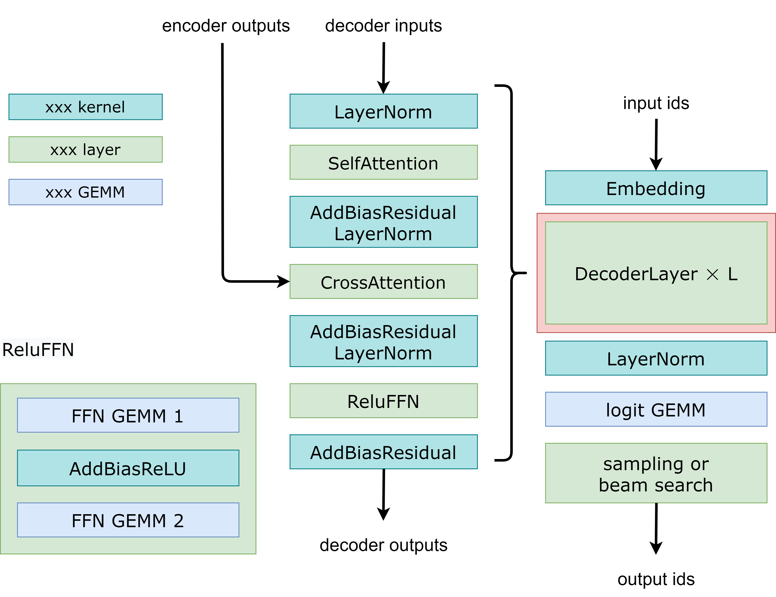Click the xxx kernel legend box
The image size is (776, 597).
85,107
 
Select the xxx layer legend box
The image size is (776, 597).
85,149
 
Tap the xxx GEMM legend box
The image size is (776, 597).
85,192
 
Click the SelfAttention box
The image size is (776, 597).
383,162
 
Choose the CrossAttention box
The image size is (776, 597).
383,282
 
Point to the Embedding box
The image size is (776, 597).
656,188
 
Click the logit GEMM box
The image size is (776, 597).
656,409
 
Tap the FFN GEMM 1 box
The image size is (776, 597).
128,415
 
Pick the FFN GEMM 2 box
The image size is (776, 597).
128,520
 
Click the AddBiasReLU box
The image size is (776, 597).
128,468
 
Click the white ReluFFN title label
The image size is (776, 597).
38,349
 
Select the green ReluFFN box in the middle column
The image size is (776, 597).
383,401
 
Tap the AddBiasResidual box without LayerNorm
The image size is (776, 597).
383,452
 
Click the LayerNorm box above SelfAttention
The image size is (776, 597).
383,111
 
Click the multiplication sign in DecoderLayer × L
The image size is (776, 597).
712,274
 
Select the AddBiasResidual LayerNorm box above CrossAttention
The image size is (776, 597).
383,222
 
